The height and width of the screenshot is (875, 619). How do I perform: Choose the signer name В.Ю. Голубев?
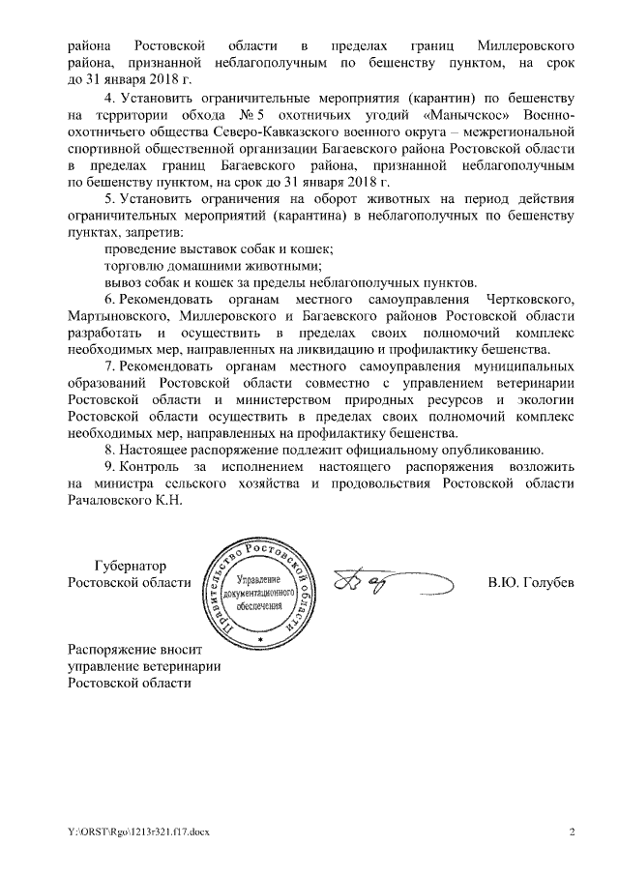pos(531,583)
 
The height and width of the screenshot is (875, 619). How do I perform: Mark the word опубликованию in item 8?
pos(494,450)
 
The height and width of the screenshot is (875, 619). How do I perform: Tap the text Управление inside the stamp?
pos(254,577)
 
